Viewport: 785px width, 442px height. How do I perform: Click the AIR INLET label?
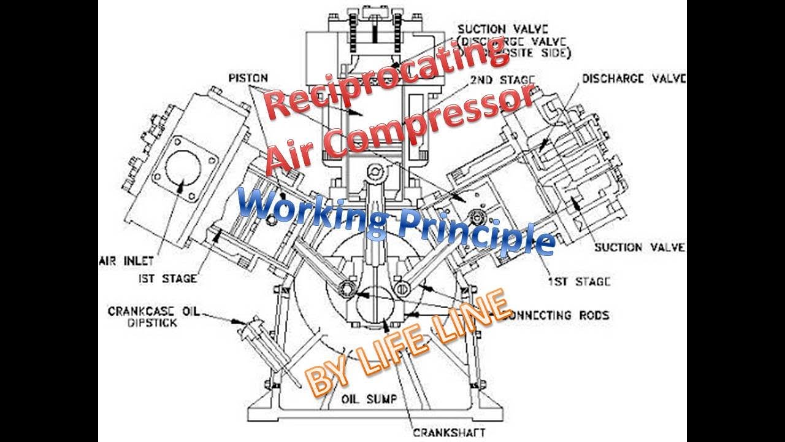(x=126, y=260)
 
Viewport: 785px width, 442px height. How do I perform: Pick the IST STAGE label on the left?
(x=167, y=278)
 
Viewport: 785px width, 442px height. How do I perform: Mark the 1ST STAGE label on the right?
(x=579, y=282)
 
